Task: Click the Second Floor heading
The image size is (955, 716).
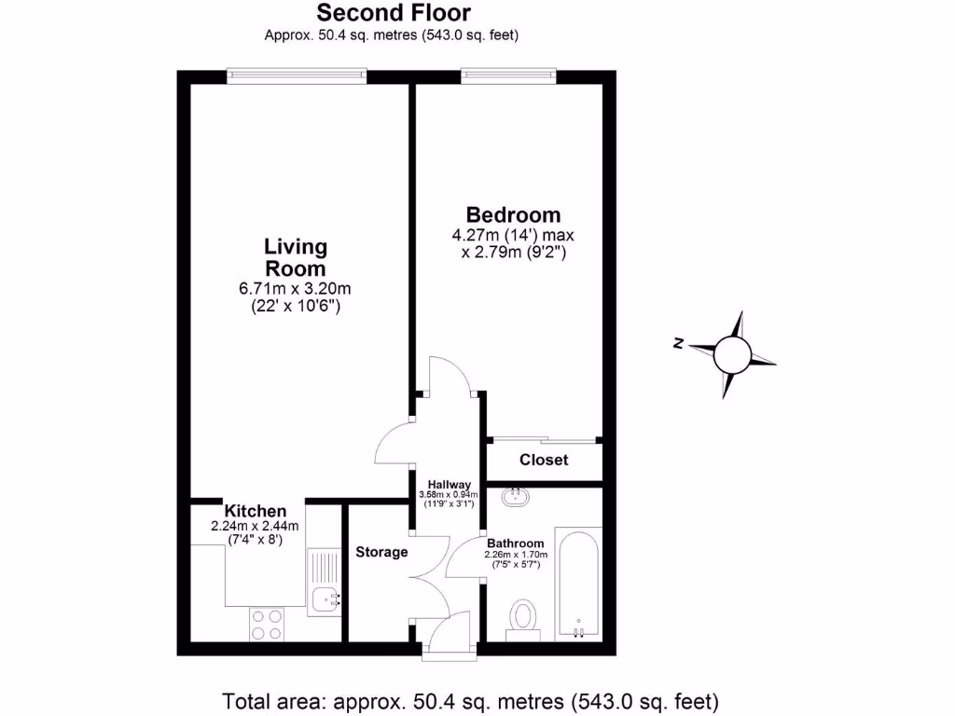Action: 394,13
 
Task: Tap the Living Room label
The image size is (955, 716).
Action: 296,257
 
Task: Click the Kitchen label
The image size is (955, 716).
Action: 255,511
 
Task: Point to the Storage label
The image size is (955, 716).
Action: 381,552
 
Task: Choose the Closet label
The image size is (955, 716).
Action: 544,461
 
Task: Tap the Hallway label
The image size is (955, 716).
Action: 448,483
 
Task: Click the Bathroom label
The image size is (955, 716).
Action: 515,544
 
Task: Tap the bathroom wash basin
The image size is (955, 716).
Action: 515,497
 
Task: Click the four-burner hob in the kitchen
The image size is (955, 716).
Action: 267,623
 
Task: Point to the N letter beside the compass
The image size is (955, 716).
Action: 678,345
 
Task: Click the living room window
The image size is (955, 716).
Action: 296,76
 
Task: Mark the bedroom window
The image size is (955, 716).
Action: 508,76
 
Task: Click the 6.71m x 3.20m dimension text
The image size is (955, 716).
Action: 295,288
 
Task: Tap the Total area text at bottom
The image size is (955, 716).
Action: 471,700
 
